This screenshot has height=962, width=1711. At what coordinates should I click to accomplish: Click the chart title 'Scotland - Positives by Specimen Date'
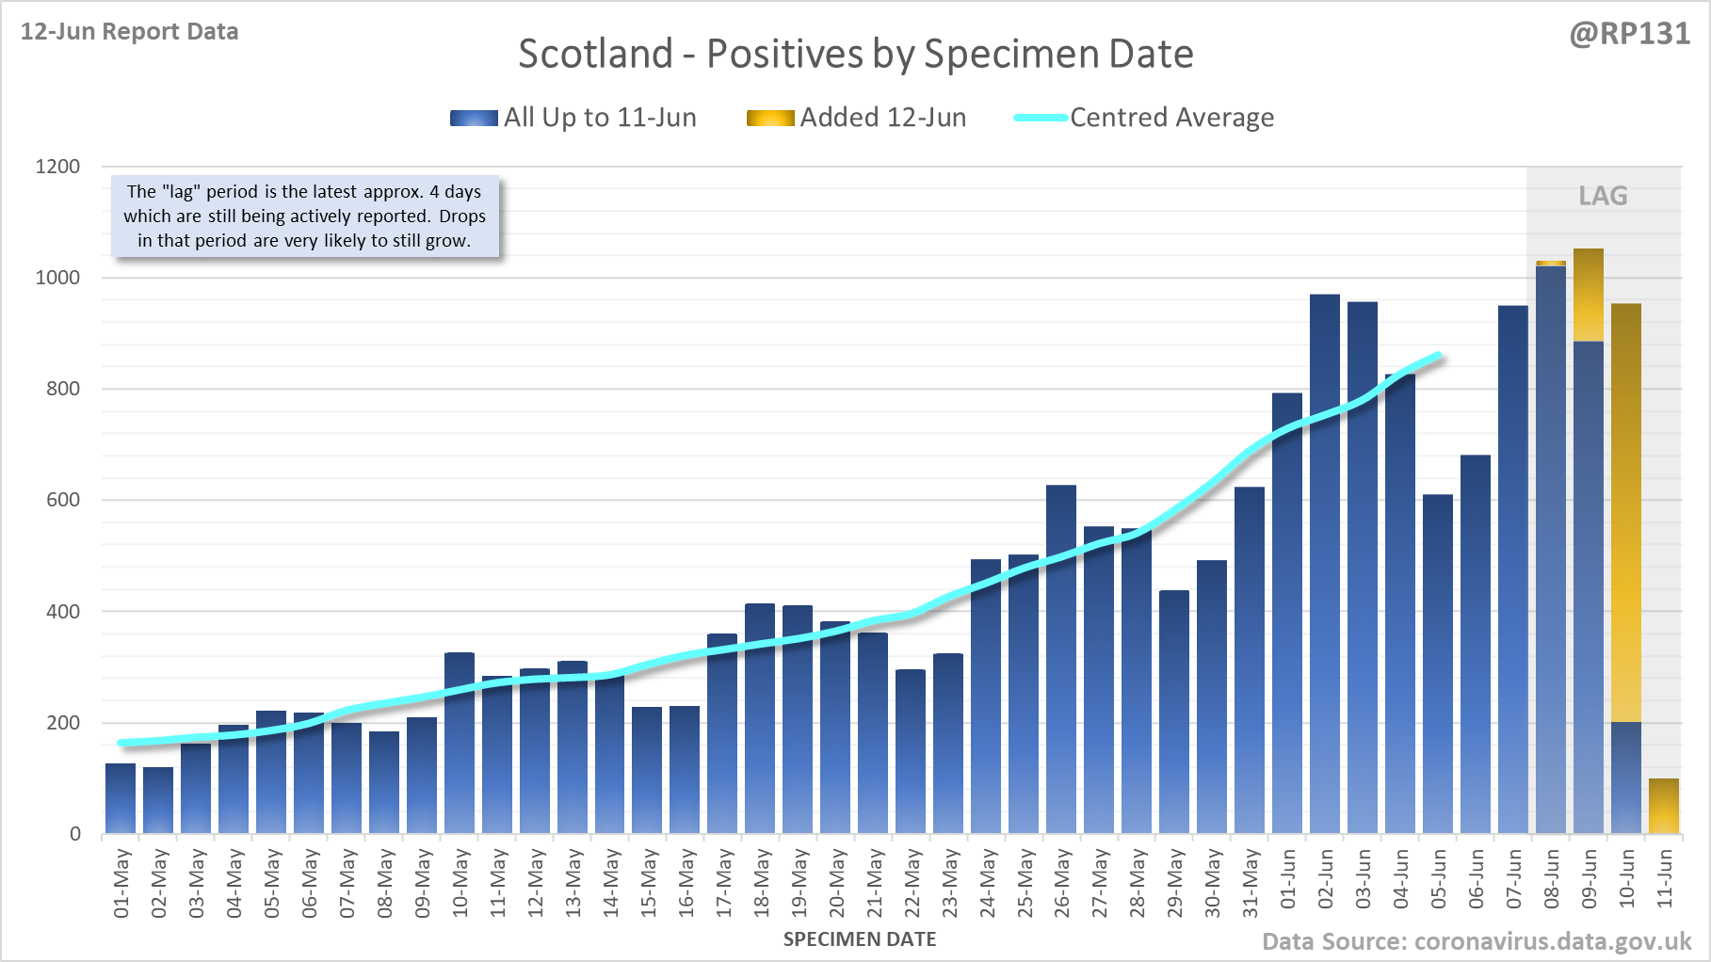pos(855,54)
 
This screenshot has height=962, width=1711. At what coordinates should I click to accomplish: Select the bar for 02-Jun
pos(1324,565)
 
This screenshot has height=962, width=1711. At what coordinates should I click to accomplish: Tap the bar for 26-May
pos(1061,659)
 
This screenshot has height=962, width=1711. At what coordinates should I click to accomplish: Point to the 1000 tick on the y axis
pos(57,278)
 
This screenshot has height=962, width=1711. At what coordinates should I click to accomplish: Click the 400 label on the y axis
pos(63,612)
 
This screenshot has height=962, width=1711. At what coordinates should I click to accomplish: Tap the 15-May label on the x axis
pos(649,883)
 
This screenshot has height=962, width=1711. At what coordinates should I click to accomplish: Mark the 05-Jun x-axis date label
pos(1438,880)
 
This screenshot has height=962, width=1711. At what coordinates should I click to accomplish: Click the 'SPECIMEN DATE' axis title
pos(860,939)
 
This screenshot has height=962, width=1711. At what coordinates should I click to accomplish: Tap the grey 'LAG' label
pos(1603,196)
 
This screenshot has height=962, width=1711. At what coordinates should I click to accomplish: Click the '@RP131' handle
pos(1629,34)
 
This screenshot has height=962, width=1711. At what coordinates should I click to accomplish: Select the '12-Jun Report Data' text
pos(130,32)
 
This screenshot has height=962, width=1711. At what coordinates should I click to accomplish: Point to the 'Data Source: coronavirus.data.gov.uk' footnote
pos(1477,941)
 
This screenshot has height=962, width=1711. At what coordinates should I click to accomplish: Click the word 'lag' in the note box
pos(181,192)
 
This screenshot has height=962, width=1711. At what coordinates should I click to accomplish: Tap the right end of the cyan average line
pos(1439,356)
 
